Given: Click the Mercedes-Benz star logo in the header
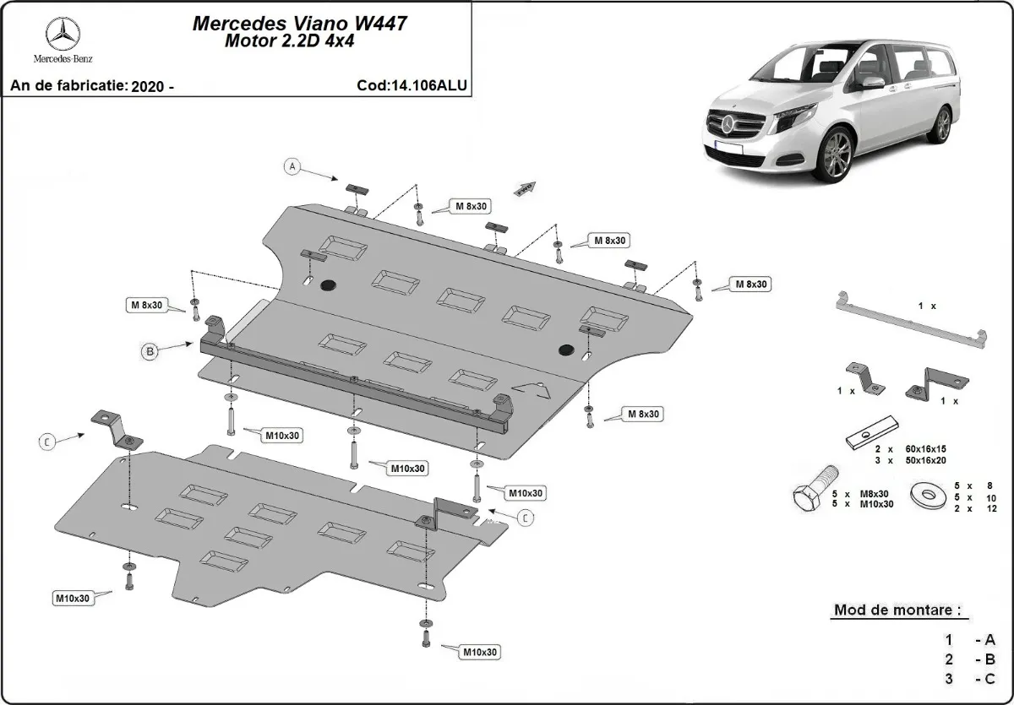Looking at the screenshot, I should point(63,35).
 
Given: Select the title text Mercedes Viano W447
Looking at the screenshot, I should point(300,23).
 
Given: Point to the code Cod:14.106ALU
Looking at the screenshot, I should point(412,85).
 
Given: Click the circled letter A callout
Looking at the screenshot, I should point(292,166).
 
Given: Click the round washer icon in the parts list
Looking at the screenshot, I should point(927,495).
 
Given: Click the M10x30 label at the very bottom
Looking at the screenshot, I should point(480,652).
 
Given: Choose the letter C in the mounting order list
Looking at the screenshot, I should point(989,679).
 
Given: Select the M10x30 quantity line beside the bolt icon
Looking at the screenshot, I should point(864,504).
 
